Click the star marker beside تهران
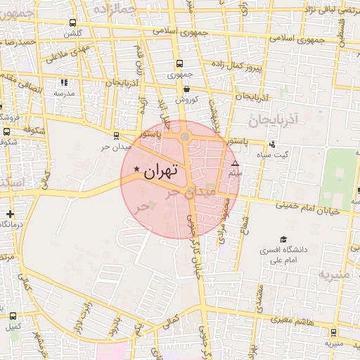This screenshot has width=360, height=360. pyautogui.click(x=136, y=169)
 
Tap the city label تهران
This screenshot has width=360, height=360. pyautogui.click(x=161, y=171)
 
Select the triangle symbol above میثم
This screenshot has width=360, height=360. pyautogui.click(x=235, y=164)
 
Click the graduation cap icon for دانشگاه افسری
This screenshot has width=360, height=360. pyautogui.click(x=283, y=240)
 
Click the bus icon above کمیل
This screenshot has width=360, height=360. pyautogui.click(x=13, y=315)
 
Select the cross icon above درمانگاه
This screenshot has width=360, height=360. pyautogui.click(x=9, y=213)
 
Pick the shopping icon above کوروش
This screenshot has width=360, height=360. pyautogui.click(x=186, y=89)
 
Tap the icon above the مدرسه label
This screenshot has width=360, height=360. pyautogui.click(x=64, y=83)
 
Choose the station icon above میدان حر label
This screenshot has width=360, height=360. pyautogui.click(x=116, y=136)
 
